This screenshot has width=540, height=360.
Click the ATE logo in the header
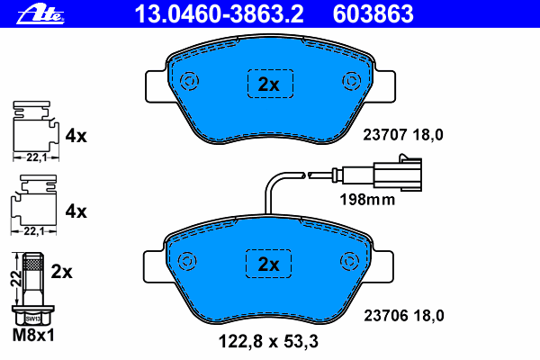pos(40,14)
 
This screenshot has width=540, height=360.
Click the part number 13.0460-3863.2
pos(219,14)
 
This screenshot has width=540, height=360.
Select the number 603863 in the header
pos(373,14)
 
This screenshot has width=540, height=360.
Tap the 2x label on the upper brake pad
pos(269,84)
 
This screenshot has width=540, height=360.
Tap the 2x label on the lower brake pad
pos(268,265)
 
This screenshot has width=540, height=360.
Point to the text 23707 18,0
pos(403,135)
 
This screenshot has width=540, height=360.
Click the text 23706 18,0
pos(404,315)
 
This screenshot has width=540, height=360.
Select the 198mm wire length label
pos(367,200)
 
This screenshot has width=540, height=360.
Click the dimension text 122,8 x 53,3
pos(268,341)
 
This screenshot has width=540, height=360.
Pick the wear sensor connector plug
pos(398,174)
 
